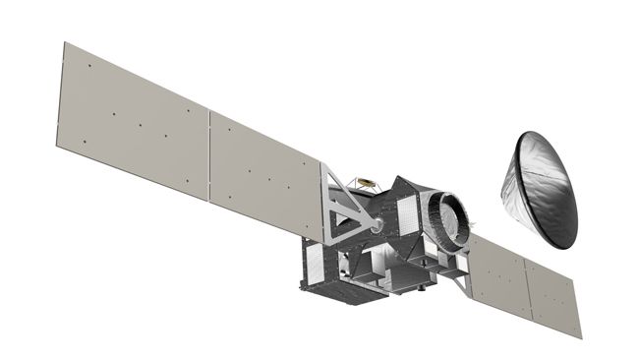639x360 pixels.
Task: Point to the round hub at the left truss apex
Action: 378,225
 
